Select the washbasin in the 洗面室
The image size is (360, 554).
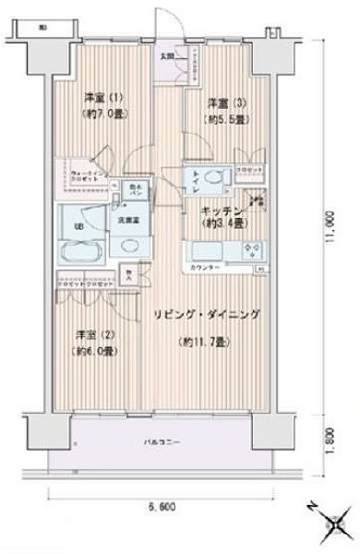(x=126, y=247)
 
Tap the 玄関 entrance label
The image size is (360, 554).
(x=167, y=56)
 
